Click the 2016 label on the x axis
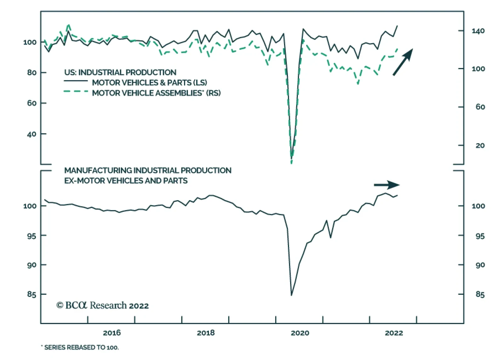[112, 333]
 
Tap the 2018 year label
[206, 333]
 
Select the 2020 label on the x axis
[300, 333]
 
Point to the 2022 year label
[394, 333]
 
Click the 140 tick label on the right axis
[478, 31]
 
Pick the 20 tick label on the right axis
[480, 145]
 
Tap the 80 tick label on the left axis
[32, 73]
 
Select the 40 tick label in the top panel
[32, 134]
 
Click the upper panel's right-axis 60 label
[480, 107]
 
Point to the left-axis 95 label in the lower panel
[31, 236]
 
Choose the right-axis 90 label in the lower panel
[480, 265]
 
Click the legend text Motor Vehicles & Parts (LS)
[149, 83]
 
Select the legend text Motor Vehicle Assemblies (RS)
[156, 93]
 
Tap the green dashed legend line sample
[76, 91]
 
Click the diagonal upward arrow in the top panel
[403, 62]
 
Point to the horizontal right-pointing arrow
[387, 185]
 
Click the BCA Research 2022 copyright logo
[102, 305]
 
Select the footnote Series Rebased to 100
[80, 348]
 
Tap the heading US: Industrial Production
[120, 72]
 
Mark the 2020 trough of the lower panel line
[291, 295]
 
